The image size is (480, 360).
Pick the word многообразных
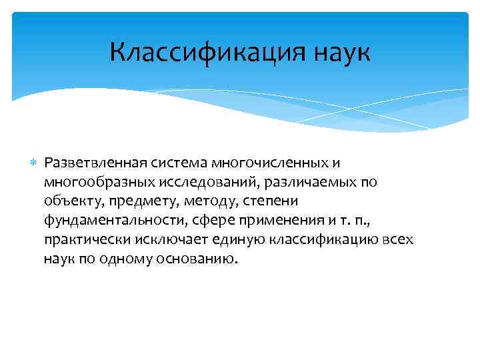(x=89, y=183)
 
